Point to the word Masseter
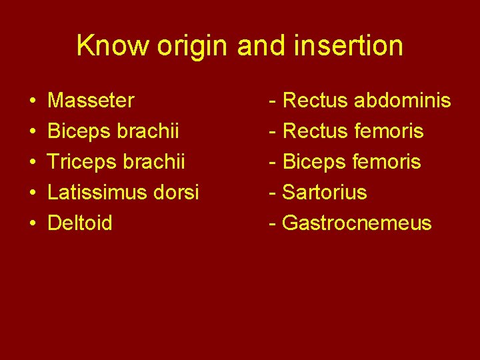[91, 101]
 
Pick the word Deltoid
[80, 223]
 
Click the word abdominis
[402, 101]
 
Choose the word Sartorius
[325, 193]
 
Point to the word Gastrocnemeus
[357, 223]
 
